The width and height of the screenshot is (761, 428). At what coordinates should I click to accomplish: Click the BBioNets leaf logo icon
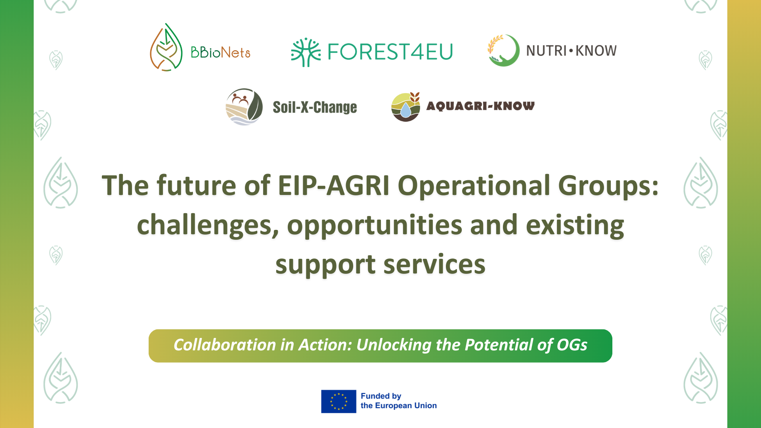tap(166, 48)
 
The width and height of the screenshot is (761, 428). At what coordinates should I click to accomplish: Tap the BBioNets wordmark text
tap(220, 52)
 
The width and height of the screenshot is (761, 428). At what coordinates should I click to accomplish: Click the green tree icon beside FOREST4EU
tap(305, 52)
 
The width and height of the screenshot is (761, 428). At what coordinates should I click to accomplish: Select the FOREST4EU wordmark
tap(390, 52)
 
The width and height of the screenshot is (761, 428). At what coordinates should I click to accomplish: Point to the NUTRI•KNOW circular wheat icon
tap(503, 50)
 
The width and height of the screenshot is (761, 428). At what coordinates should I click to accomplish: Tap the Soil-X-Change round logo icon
tap(244, 107)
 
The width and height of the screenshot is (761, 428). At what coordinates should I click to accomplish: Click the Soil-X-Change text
tap(315, 107)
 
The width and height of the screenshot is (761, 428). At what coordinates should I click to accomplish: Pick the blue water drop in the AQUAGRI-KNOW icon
tap(405, 111)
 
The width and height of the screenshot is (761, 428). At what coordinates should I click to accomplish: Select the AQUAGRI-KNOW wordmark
tap(480, 106)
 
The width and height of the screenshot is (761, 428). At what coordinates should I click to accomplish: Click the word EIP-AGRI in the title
tap(333, 185)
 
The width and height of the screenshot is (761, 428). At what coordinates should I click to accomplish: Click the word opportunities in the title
tap(374, 225)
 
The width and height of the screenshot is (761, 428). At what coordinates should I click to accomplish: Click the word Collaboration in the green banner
tap(224, 345)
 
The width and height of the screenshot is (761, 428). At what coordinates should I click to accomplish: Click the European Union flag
tap(338, 401)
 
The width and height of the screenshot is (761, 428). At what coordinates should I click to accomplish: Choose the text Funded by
tap(380, 396)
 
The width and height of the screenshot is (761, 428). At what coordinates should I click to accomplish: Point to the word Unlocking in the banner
tap(393, 345)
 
